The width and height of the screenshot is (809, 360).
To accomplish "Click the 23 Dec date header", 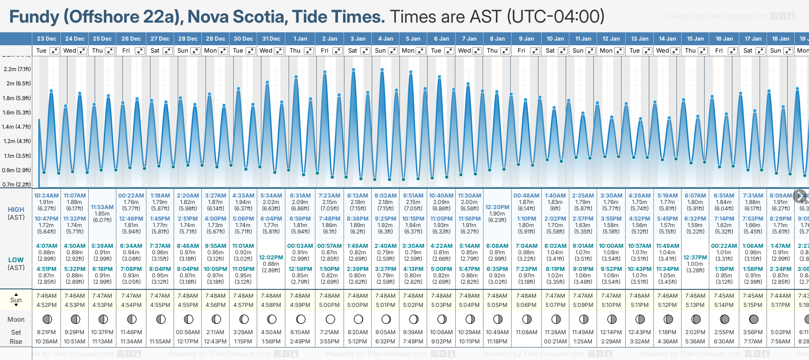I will [46, 39].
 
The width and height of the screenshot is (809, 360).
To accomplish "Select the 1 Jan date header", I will [300, 39].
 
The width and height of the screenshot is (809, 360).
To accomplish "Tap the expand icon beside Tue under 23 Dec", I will [54, 51].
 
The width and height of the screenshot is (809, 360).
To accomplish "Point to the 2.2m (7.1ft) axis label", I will [17, 69].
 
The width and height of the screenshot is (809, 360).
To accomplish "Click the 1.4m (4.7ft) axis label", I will [17, 126].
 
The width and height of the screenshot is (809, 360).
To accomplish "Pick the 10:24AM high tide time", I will [46, 196].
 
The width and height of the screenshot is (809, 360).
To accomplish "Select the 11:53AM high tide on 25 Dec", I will [102, 207].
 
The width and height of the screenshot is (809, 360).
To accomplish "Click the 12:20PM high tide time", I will [497, 207].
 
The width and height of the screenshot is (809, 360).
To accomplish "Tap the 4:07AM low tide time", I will [46, 246].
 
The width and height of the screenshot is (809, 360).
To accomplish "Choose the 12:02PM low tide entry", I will [271, 258].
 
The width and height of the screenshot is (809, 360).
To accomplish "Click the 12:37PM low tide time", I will [695, 258].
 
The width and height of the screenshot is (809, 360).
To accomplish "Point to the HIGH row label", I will [16, 210].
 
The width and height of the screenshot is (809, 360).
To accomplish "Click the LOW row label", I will [16, 260].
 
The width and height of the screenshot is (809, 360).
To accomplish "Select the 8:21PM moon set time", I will [46, 332].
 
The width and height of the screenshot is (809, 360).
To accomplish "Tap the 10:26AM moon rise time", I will [46, 342].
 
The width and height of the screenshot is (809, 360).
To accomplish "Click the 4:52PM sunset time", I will [46, 305].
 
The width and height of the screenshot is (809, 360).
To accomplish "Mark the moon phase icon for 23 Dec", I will [46, 319].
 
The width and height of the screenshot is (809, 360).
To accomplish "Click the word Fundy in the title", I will [34, 17].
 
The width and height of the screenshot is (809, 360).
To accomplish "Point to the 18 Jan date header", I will [780, 39].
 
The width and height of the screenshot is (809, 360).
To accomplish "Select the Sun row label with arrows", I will [16, 300].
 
